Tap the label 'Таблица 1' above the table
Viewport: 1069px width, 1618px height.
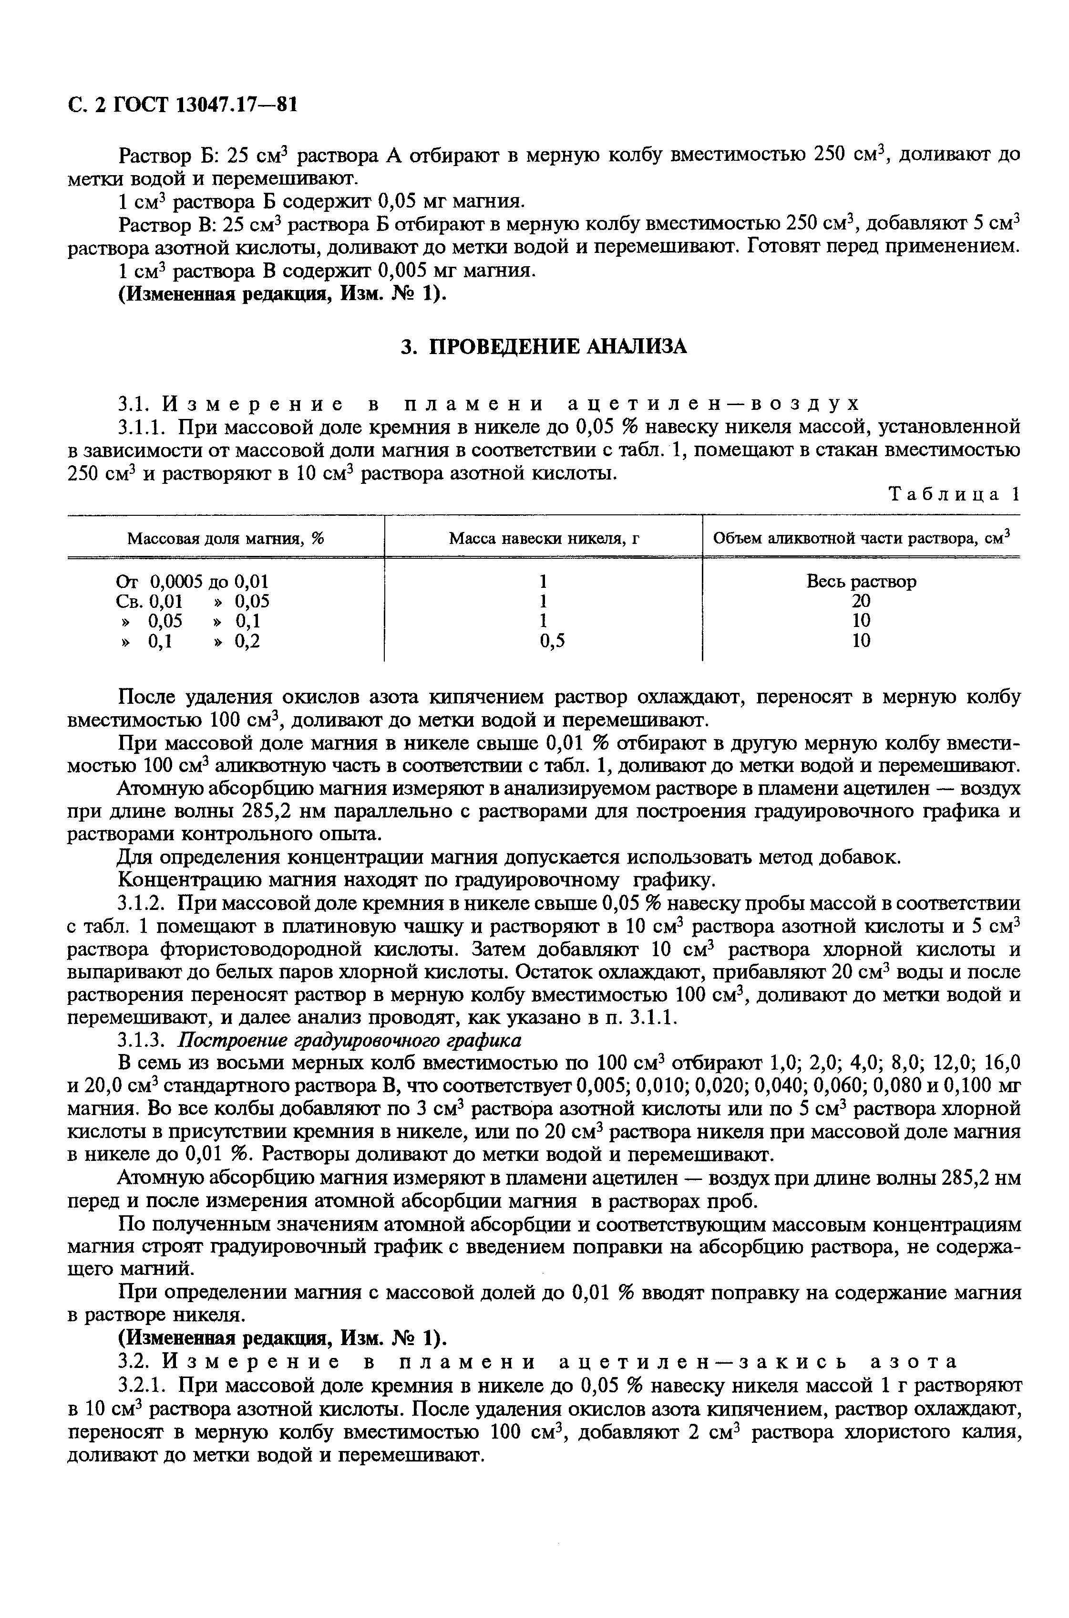955,494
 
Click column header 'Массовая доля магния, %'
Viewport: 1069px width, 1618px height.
226,539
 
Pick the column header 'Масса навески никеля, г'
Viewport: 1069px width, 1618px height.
544,539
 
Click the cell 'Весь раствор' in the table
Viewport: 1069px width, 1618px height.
861,581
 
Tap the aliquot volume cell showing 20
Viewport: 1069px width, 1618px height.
861,601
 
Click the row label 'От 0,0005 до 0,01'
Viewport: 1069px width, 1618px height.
193,581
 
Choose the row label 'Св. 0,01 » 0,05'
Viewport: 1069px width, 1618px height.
193,601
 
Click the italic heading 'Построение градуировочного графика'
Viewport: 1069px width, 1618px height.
349,1040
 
